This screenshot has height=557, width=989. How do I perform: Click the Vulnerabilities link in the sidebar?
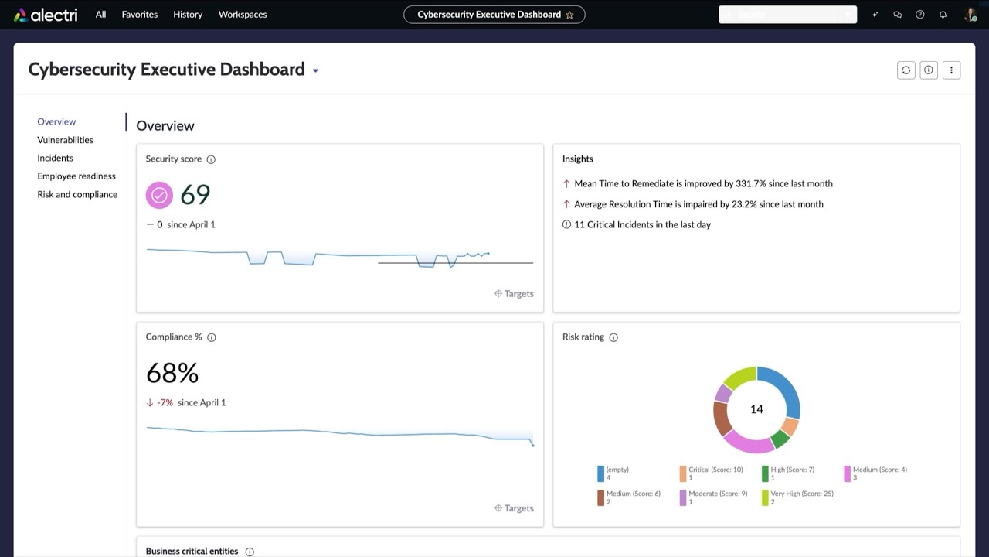click(x=65, y=140)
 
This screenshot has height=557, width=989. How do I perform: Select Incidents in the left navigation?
click(x=55, y=158)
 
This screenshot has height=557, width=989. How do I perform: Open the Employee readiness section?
click(x=76, y=176)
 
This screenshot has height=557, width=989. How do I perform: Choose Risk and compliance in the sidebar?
click(x=77, y=194)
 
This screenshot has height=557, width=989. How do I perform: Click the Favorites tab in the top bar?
click(x=139, y=15)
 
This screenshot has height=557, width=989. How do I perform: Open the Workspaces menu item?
click(x=243, y=15)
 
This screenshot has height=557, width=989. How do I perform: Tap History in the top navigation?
click(x=188, y=15)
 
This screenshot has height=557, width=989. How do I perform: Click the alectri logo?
click(x=46, y=15)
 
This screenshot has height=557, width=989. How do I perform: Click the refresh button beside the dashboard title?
click(x=906, y=70)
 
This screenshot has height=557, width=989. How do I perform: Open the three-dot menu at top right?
click(x=951, y=70)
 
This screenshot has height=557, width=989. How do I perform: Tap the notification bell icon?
click(x=943, y=15)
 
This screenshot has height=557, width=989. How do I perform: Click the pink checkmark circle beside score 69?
click(x=159, y=195)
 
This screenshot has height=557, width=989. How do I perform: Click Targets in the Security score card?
click(x=514, y=294)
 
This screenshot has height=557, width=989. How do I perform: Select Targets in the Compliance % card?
click(x=514, y=508)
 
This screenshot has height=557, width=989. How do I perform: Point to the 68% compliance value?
click(x=172, y=374)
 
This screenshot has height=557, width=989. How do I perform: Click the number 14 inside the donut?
click(x=756, y=409)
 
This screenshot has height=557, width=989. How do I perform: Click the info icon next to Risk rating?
click(x=613, y=337)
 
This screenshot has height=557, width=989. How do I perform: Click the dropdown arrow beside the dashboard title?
click(x=315, y=71)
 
